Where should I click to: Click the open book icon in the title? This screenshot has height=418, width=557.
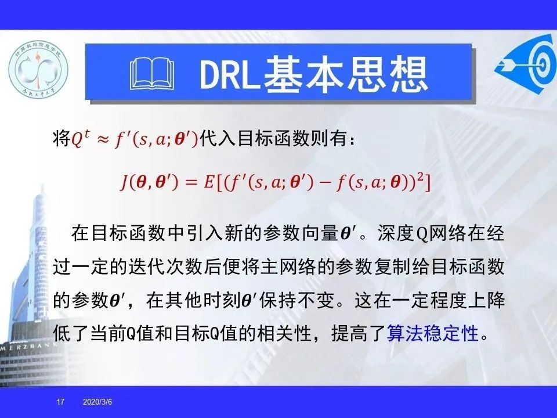click(x=151, y=73)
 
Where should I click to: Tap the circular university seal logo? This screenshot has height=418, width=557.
click(x=38, y=67)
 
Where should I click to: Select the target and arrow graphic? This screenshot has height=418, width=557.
click(x=526, y=63)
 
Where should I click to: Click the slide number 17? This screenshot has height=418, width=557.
click(x=60, y=402)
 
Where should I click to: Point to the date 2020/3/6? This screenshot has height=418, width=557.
click(x=97, y=402)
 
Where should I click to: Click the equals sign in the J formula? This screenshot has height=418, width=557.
click(x=191, y=183)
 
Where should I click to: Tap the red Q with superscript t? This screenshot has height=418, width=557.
click(x=81, y=138)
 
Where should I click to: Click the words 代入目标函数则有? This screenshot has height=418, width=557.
click(x=273, y=138)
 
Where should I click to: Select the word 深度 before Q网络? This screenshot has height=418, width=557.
click(x=396, y=233)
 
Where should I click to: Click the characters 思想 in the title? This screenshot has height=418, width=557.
click(x=387, y=74)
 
